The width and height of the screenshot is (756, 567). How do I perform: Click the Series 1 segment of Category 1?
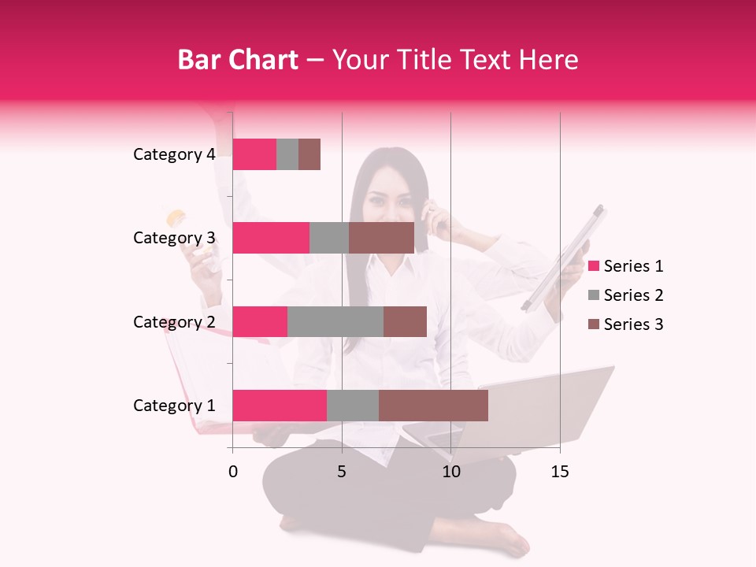pyautogui.click(x=280, y=406)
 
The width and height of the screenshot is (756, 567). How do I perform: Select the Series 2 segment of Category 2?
pyautogui.click(x=335, y=321)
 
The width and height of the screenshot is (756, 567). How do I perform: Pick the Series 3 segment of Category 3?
pyautogui.click(x=381, y=238)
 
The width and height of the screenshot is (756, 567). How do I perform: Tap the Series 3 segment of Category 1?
pyautogui.click(x=433, y=406)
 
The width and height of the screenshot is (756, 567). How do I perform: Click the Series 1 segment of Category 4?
pyautogui.click(x=254, y=154)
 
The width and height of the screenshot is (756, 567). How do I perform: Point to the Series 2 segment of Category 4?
pyautogui.click(x=287, y=154)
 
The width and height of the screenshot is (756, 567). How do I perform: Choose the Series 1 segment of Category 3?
pyautogui.click(x=271, y=238)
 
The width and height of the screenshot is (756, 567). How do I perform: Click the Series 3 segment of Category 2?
pyautogui.click(x=405, y=321)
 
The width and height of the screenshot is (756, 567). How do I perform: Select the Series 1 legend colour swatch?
pyautogui.click(x=593, y=266)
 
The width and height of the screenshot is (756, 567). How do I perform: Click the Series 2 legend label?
pyautogui.click(x=633, y=295)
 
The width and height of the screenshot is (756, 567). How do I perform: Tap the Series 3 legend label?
pyautogui.click(x=633, y=324)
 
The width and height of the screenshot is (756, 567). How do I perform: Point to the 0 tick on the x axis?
pyautogui.click(x=233, y=472)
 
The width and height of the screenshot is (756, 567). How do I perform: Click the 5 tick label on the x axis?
pyautogui.click(x=342, y=472)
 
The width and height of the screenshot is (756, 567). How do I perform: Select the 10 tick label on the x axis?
pyautogui.click(x=450, y=472)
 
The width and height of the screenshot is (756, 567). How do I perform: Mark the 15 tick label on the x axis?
pyautogui.click(x=560, y=472)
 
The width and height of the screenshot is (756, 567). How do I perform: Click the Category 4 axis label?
pyautogui.click(x=174, y=154)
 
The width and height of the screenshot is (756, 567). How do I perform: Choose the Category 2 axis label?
pyautogui.click(x=174, y=321)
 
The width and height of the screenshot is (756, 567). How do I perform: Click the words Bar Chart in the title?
pyautogui.click(x=238, y=60)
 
